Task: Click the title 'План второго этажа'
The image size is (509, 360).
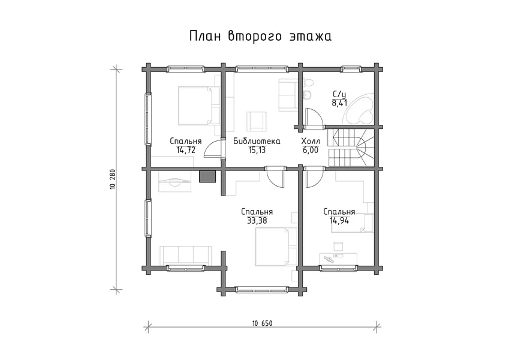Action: [x=260, y=36]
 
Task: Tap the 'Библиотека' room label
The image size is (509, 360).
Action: [x=257, y=142]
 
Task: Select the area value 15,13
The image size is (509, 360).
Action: [x=257, y=150]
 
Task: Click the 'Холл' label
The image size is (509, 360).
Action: [x=311, y=142]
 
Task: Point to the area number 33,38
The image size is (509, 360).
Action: [x=257, y=221]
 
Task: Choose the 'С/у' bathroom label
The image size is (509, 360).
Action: [x=339, y=95]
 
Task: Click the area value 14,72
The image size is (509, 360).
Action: [x=186, y=150]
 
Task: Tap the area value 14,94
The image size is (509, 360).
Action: [x=339, y=221]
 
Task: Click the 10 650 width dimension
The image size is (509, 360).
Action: [x=262, y=323]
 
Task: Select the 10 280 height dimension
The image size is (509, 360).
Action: [x=113, y=179]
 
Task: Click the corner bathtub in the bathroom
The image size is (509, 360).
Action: [x=359, y=108]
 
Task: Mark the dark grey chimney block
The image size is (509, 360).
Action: [x=208, y=177]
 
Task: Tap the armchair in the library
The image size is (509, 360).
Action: [x=257, y=121]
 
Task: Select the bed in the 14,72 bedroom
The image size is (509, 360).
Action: [x=198, y=106]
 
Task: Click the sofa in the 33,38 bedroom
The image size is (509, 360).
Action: [x=186, y=256]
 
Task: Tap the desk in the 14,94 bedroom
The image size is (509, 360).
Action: [x=338, y=259]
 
